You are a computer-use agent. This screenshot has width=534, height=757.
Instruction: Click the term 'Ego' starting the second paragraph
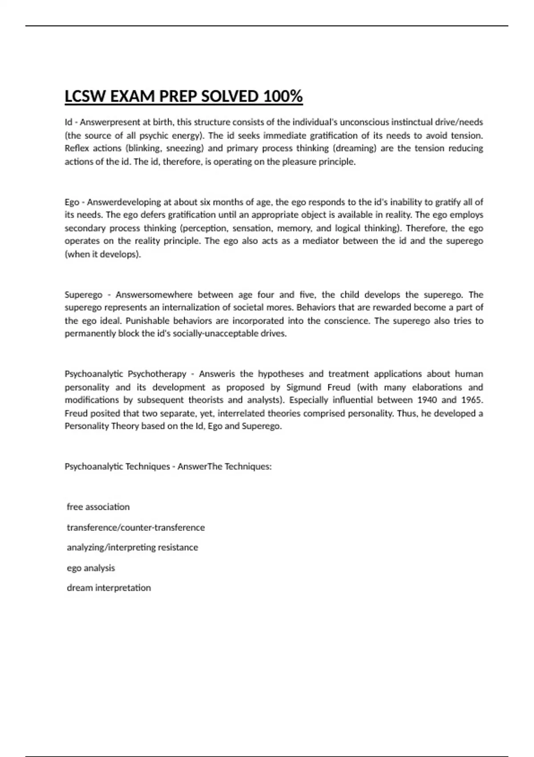click(x=72, y=202)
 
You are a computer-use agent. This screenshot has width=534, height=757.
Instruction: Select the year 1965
click(x=472, y=400)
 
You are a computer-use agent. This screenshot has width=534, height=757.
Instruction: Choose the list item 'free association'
click(x=98, y=507)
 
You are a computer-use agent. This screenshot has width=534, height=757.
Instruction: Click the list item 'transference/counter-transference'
click(x=136, y=527)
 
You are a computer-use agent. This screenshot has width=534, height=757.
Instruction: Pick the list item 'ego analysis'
click(x=91, y=568)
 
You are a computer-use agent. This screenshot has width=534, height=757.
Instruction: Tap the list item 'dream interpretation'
click(x=109, y=588)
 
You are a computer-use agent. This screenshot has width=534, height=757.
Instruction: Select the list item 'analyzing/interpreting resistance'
click(x=132, y=547)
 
